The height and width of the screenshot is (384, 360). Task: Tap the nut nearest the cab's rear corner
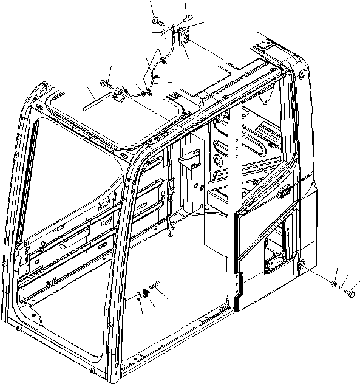pos(333,284)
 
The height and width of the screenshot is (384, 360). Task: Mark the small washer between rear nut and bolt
pos(341,289)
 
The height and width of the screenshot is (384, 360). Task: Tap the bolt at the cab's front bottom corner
pos(92,370)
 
